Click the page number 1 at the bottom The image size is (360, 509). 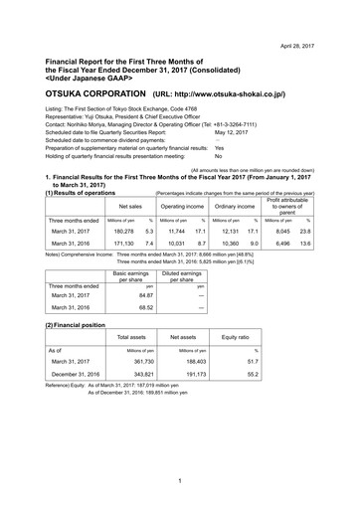pyautogui.click(x=179, y=482)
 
